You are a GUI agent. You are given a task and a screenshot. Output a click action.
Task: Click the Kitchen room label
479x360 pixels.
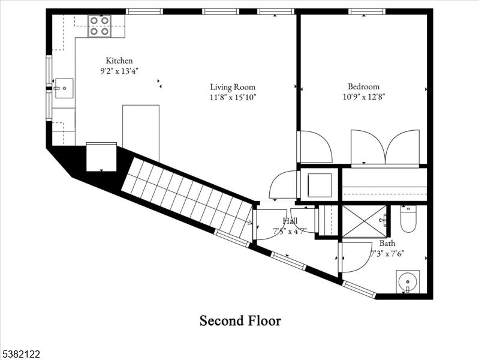coord(119,61)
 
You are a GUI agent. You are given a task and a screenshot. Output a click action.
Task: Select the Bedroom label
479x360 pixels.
coord(363,86)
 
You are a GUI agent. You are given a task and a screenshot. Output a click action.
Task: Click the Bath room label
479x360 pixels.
coord(387,244)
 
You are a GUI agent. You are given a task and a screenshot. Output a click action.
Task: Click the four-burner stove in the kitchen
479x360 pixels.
coord(99,26)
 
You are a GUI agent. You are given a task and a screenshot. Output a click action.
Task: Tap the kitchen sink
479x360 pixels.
coord(64,88)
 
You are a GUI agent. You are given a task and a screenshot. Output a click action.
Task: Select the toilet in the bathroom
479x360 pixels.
coord(408,220)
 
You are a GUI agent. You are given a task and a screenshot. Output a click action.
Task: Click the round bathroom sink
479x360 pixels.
coord(408,281)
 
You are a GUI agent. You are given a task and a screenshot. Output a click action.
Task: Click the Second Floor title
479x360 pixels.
coord(240,321)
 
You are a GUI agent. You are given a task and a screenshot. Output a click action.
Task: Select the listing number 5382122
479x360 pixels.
coord(21,354)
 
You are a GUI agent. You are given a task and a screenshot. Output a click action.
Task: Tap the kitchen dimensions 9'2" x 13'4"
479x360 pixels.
coord(119,70)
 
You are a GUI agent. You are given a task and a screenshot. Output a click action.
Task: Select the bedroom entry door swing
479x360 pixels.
coord(315,147)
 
